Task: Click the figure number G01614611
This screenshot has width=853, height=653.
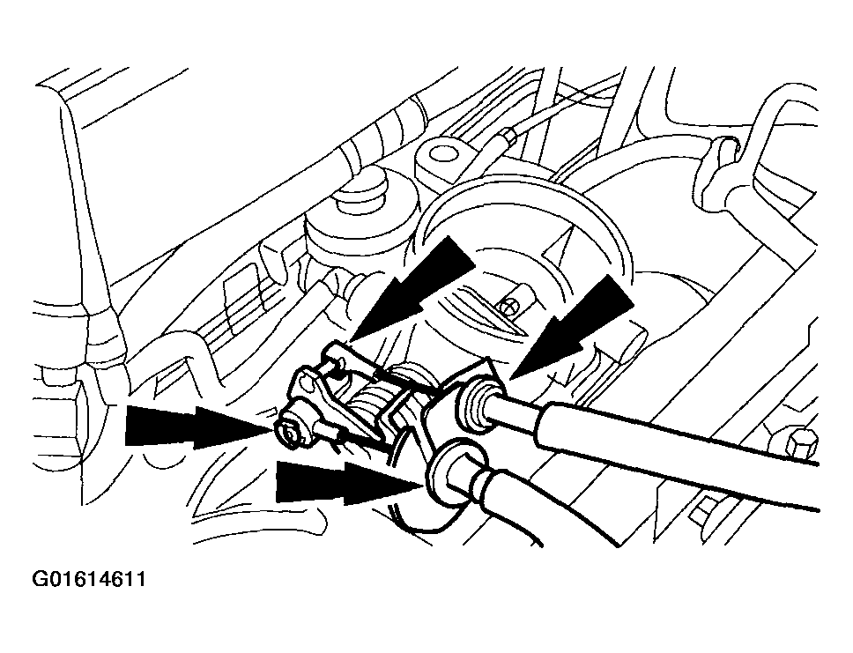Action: pos(89,578)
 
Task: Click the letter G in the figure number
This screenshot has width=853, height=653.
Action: pos(40,578)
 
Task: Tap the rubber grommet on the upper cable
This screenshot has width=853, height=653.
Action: pos(478,402)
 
